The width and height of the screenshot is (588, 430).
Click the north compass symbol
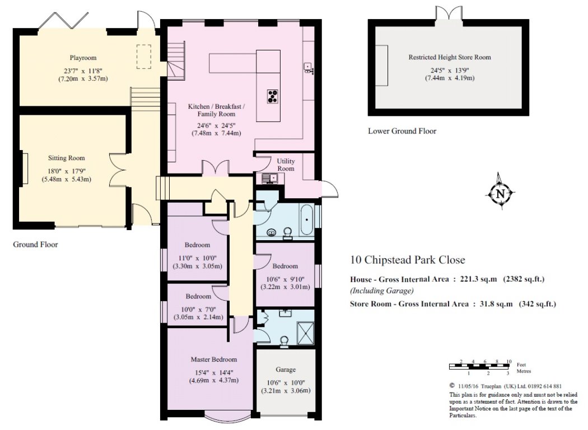[500, 193]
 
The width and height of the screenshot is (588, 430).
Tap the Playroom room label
[83, 58]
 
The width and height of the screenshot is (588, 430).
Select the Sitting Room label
[67, 158]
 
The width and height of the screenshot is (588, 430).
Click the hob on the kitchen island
[273, 96]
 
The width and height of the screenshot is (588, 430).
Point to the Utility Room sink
[268, 179]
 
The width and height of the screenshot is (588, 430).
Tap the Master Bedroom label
[214, 359]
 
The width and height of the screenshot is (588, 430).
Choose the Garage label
[286, 370]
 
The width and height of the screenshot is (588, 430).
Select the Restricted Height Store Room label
[450, 57]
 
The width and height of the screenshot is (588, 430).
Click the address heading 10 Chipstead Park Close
[408, 259]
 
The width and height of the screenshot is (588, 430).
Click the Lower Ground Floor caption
[402, 131]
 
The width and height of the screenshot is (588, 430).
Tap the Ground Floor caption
[36, 245]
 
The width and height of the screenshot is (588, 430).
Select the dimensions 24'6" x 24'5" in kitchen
[217, 125]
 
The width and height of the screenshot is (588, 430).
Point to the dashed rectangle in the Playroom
[143, 57]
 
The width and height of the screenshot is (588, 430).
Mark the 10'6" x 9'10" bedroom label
[285, 279]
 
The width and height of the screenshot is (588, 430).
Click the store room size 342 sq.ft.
[538, 303]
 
